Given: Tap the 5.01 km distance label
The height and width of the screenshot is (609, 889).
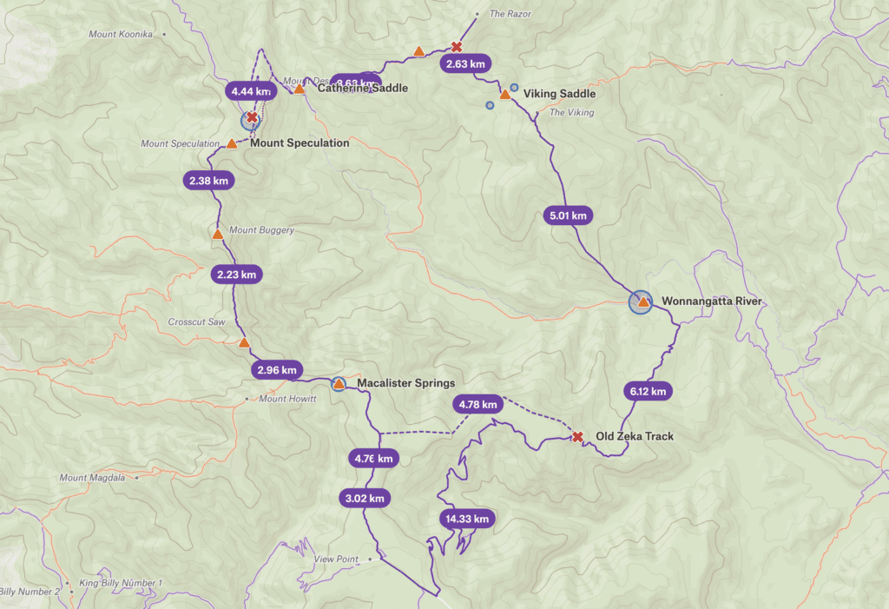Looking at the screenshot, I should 568,215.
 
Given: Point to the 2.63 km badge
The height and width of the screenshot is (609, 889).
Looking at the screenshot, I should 465,63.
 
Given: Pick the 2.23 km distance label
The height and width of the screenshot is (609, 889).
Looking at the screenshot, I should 236,275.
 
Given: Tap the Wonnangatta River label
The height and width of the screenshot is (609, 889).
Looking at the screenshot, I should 711,301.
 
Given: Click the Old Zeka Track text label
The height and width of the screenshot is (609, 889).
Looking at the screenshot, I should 634,436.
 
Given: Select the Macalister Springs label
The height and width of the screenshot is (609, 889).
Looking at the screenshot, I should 405,383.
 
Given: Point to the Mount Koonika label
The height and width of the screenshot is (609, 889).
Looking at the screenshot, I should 121,34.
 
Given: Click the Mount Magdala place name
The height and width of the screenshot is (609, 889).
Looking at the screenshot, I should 93,478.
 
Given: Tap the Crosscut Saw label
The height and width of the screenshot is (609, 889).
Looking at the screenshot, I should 196,321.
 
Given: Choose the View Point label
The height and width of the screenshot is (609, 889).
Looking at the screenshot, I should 336,559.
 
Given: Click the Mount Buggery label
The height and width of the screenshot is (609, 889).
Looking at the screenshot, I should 261,230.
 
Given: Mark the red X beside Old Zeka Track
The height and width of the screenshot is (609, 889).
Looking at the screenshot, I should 577,436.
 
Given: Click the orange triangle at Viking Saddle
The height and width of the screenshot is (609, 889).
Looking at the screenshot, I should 504,94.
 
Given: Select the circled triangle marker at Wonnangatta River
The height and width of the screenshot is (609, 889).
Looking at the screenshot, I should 642,302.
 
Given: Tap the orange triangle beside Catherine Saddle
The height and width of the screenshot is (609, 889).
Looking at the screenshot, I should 300,89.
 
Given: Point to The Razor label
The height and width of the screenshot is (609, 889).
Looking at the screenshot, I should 510,14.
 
